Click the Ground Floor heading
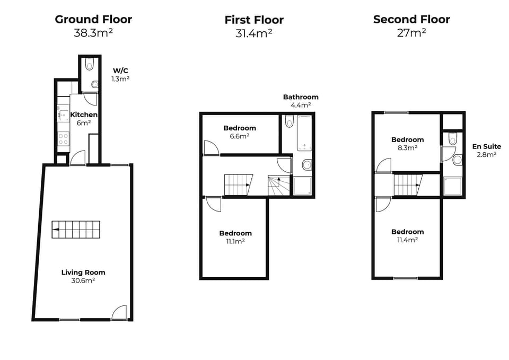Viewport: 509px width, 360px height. pyautogui.click(x=93, y=20)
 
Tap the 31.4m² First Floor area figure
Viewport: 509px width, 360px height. pyautogui.click(x=254, y=33)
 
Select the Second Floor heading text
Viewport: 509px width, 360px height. pyautogui.click(x=411, y=20)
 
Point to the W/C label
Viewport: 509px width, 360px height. pyautogui.click(x=120, y=70)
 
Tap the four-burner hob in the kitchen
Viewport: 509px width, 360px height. pyautogui.click(x=63, y=139)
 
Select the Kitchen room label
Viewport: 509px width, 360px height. pyautogui.click(x=84, y=115)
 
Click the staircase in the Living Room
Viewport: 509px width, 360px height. pyautogui.click(x=76, y=230)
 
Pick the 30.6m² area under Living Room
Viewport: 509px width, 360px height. pyautogui.click(x=83, y=280)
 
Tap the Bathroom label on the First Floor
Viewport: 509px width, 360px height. pyautogui.click(x=301, y=97)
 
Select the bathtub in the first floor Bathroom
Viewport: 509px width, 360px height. pyautogui.click(x=304, y=134)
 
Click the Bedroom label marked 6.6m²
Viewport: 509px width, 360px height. pyautogui.click(x=240, y=128)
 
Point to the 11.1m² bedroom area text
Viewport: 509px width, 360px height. pyautogui.click(x=235, y=241)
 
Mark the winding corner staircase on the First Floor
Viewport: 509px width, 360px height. pyautogui.click(x=278, y=186)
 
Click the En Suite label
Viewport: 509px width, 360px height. pyautogui.click(x=485, y=146)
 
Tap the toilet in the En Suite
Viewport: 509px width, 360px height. pyautogui.click(x=452, y=139)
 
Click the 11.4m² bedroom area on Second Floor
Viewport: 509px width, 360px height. pyautogui.click(x=408, y=240)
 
